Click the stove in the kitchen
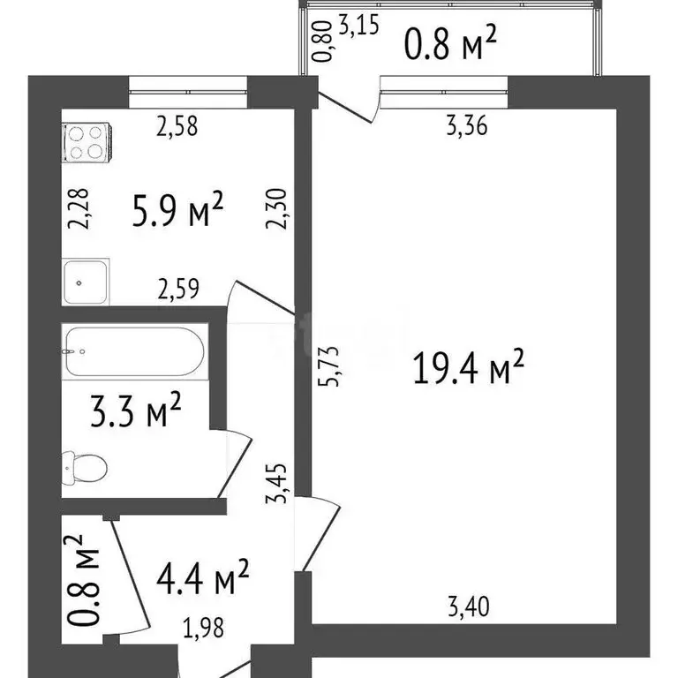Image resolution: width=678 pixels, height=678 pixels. point(86,142)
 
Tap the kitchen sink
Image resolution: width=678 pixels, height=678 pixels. point(86,282)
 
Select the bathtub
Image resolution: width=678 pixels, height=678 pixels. point(134,352)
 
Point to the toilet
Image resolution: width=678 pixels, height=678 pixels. point(84,465)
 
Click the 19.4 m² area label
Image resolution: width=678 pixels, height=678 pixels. point(469,368)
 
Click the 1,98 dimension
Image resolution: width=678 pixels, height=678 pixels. point(204,628)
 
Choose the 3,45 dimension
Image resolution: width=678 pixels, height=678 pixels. point(282,486)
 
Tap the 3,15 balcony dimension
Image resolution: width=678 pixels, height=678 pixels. point(358,26)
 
